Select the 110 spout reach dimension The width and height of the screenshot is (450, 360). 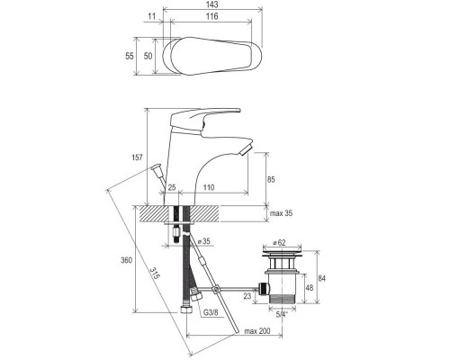(208, 189)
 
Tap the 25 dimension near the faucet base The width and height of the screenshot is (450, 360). (171, 189)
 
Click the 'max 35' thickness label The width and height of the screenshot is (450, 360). (282, 213)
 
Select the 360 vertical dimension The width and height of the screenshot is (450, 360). (128, 260)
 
